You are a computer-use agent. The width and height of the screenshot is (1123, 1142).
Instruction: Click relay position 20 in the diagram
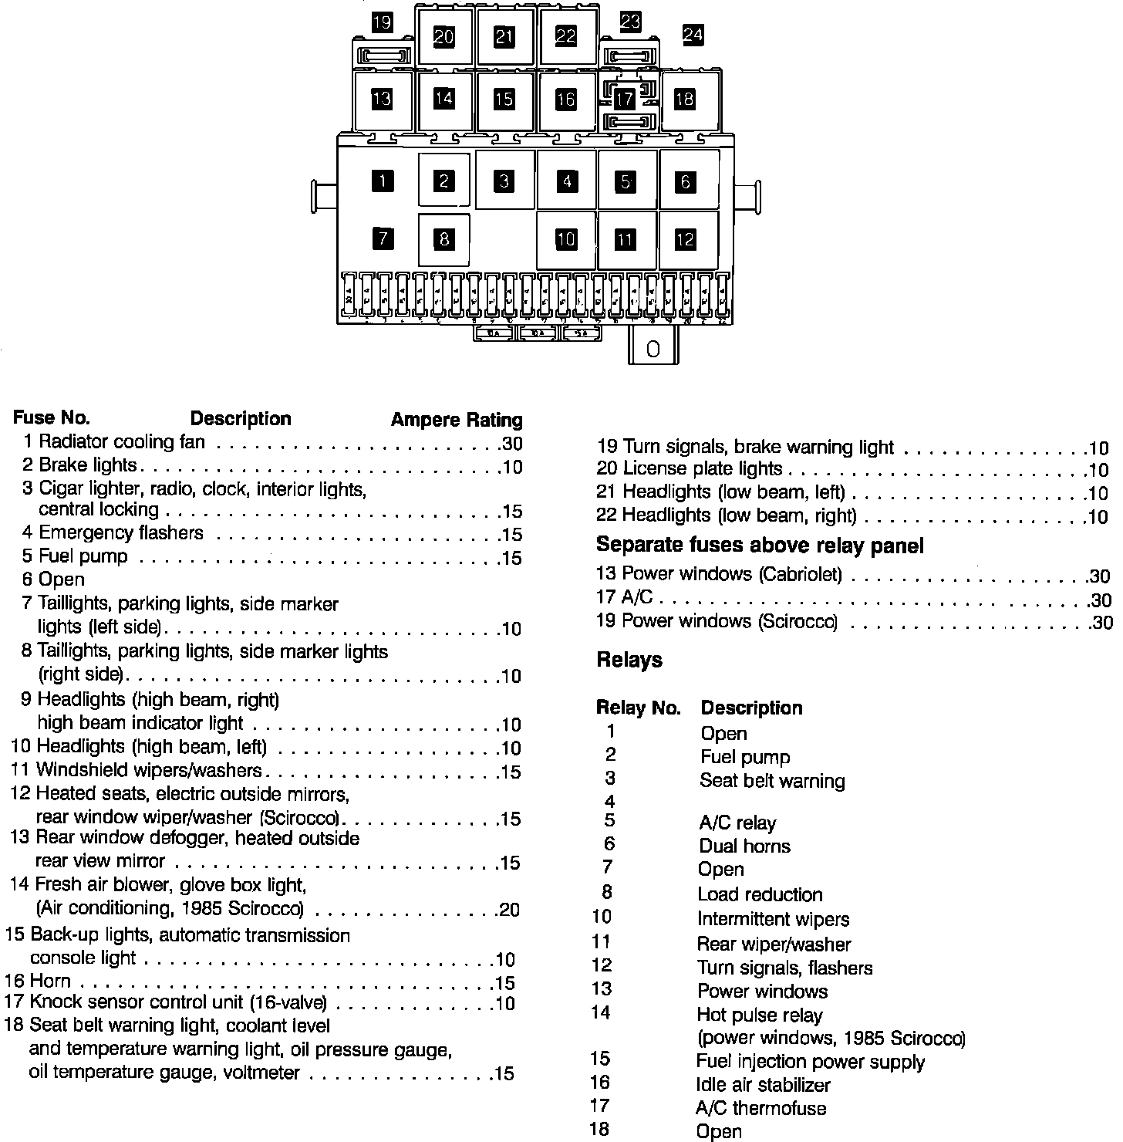(444, 36)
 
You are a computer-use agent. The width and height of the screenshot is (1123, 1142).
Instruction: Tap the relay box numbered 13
(382, 99)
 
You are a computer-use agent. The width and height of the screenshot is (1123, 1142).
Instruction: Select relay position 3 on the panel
(504, 181)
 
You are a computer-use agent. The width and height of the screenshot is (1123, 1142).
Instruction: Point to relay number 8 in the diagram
(443, 239)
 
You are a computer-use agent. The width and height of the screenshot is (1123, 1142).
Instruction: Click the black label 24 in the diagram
(693, 35)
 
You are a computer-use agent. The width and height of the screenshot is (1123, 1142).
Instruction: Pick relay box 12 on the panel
(686, 240)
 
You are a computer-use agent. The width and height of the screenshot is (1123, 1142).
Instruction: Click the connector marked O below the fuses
(653, 348)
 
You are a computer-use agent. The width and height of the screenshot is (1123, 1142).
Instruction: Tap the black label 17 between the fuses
(625, 99)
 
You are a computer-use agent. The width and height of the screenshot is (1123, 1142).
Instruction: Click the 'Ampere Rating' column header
(457, 420)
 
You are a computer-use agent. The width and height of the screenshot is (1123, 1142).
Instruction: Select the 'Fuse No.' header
(51, 418)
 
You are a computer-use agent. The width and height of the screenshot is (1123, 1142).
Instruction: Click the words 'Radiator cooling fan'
(122, 442)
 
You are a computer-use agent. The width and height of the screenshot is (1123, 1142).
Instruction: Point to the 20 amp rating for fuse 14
(509, 911)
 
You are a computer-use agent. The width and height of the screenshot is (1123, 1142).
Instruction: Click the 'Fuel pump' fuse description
(83, 556)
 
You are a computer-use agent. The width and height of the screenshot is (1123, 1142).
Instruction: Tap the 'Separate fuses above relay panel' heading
(760, 546)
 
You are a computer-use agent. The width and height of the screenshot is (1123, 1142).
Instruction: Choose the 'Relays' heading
(629, 661)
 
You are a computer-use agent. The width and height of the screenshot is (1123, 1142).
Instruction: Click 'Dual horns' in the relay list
(744, 846)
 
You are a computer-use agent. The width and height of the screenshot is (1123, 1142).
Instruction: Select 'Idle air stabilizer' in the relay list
(763, 1086)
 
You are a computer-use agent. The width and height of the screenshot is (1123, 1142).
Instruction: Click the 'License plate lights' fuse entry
(702, 468)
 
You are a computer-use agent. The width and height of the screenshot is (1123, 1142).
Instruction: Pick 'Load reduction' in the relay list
(760, 895)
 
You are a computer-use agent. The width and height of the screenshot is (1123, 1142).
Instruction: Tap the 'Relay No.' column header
(638, 708)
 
